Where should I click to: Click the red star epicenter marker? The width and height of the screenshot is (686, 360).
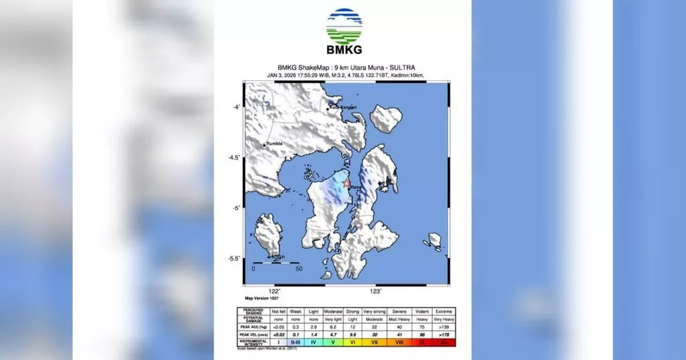[x=346, y=183]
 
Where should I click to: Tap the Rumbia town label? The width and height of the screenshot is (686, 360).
[x=274, y=145]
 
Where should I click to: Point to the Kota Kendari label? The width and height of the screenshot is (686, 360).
[x=344, y=107]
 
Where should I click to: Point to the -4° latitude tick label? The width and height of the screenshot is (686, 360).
[x=235, y=107]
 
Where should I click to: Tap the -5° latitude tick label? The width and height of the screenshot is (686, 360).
[x=235, y=208]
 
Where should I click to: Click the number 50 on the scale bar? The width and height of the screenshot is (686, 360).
[x=298, y=268]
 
